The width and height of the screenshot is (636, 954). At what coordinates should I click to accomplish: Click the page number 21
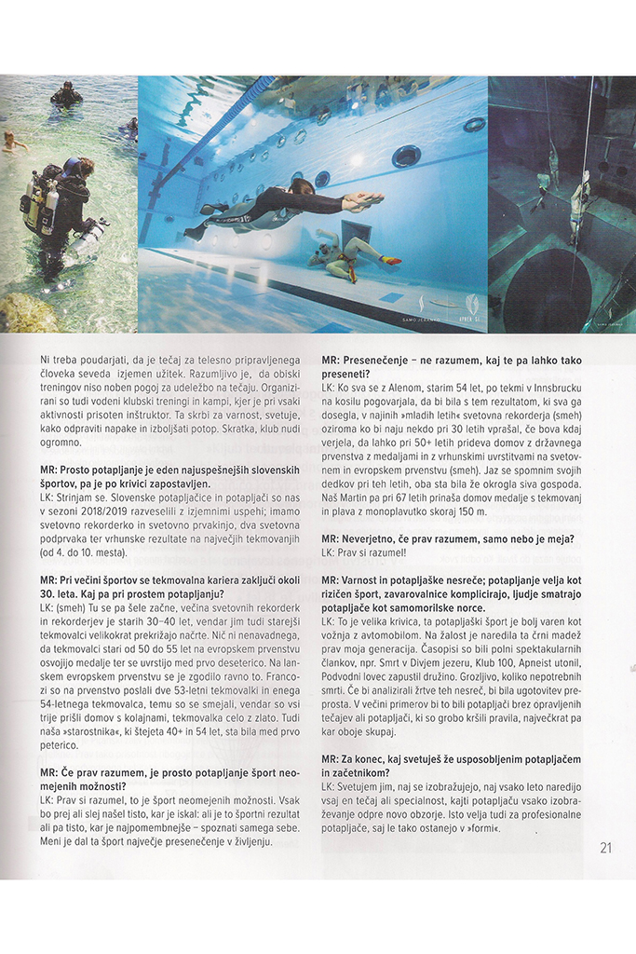point(605,848)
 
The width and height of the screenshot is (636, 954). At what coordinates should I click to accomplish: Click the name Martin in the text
point(363,497)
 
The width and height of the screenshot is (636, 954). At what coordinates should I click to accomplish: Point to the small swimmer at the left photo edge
point(11,139)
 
